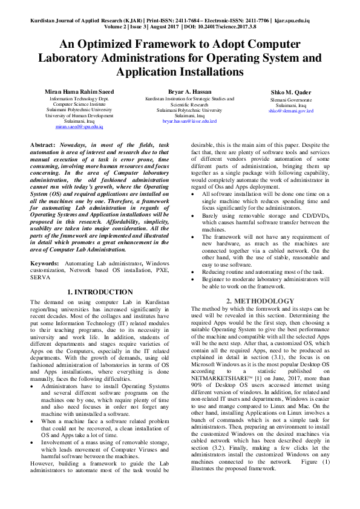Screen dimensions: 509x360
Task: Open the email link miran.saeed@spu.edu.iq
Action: pos(79,128)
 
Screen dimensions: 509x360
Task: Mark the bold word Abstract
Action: pos(42,146)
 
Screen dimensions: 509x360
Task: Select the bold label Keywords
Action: pos(44,264)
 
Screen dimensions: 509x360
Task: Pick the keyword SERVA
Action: pos(39,279)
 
